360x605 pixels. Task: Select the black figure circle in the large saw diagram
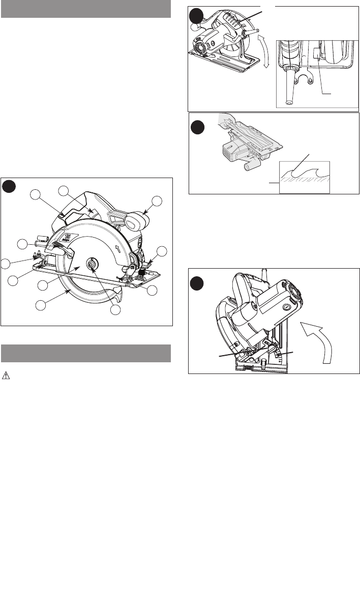pyautogui.click(x=9, y=186)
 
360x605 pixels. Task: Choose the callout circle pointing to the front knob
pyautogui.click(x=158, y=201)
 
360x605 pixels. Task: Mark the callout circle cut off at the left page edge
pyautogui.click(x=4, y=263)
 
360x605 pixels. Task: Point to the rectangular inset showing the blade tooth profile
pyautogui.click(x=305, y=176)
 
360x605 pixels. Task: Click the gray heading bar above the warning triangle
pyautogui.click(x=85, y=353)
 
